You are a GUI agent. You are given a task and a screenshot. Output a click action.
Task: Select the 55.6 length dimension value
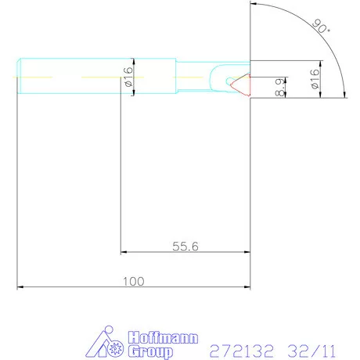tap(185, 246)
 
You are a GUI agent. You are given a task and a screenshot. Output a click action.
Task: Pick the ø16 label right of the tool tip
tap(315, 79)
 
